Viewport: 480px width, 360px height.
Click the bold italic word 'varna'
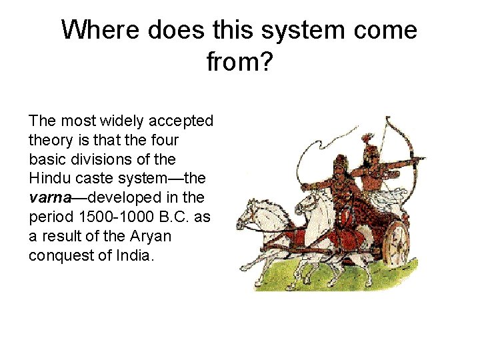click(x=51, y=198)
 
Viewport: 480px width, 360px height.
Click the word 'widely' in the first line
click(x=106, y=121)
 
